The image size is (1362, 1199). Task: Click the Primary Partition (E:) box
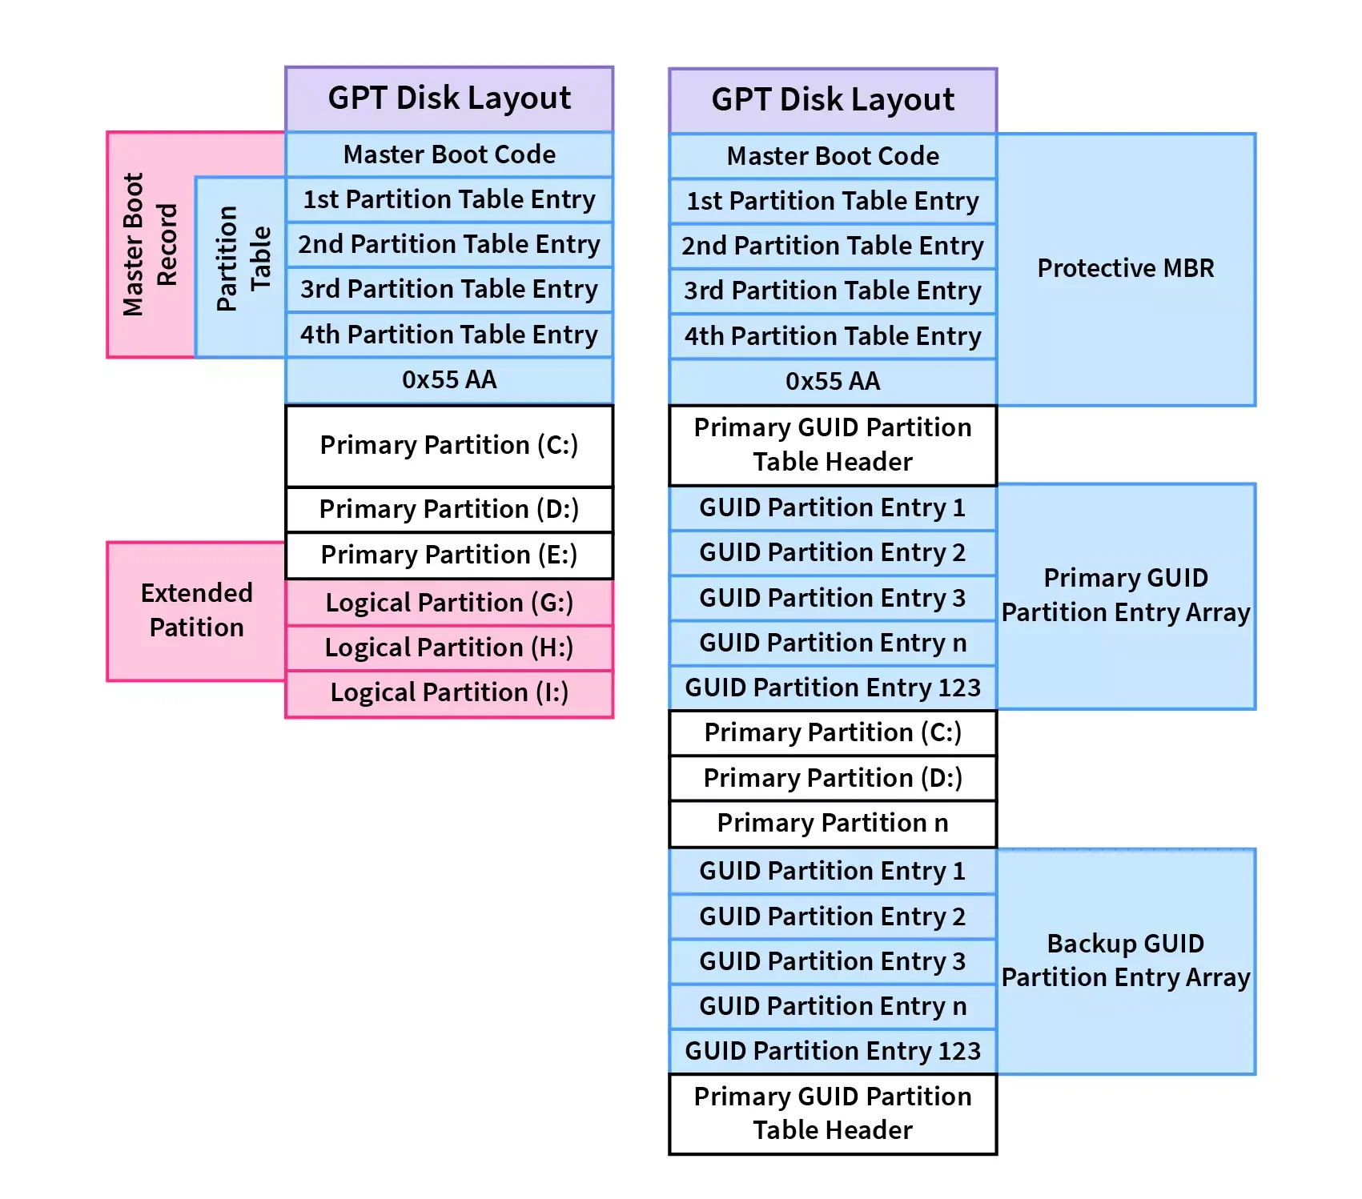[449, 555]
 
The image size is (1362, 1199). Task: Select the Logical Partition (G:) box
[449, 603]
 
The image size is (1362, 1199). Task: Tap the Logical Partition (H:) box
[449, 648]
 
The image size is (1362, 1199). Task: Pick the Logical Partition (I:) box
[449, 692]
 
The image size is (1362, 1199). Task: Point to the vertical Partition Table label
[243, 258]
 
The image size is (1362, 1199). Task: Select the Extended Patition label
[196, 610]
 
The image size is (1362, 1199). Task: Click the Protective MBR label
[1125, 268]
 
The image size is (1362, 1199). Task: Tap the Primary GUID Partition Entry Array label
[1125, 595]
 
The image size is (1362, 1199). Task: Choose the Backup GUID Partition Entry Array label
[1125, 960]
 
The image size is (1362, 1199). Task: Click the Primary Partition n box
[833, 823]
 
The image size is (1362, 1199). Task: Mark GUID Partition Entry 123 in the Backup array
[833, 1051]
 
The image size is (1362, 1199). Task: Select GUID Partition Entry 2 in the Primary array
[833, 552]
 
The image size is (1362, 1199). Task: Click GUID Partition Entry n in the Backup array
[833, 1006]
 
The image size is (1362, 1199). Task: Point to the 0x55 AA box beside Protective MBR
[833, 381]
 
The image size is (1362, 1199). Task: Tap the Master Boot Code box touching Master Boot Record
[449, 154]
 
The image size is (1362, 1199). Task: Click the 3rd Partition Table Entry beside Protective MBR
[833, 291]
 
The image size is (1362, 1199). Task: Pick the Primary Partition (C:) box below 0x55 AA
[449, 445]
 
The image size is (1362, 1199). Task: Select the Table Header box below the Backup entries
[833, 1113]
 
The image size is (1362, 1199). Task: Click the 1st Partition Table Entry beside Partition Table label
[449, 199]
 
